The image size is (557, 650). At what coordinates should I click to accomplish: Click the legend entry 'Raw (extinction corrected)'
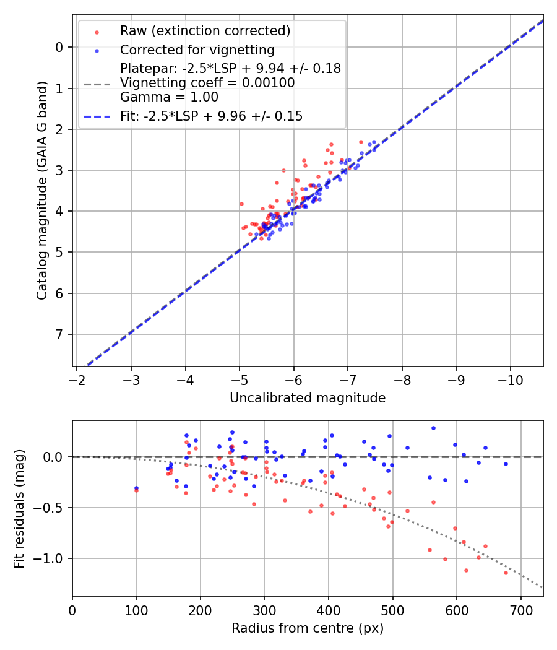(205, 31)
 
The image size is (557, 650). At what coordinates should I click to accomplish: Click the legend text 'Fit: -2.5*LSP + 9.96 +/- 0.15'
(211, 116)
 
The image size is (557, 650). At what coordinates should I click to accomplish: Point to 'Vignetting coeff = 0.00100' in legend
(207, 82)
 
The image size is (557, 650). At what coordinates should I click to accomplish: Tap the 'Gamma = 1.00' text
(169, 97)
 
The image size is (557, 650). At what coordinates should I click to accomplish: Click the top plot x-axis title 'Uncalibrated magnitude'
(308, 398)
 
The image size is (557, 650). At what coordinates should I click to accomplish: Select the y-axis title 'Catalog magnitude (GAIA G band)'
(42, 211)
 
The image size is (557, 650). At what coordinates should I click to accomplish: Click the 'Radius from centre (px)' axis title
(308, 628)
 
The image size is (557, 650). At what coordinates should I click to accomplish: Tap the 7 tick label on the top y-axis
(59, 334)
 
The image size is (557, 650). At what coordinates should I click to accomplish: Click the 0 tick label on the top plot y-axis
(59, 47)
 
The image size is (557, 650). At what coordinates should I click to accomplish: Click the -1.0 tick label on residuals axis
(53, 558)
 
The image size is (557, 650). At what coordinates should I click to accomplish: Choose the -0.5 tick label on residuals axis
(53, 508)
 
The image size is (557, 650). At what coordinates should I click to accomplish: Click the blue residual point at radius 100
(136, 488)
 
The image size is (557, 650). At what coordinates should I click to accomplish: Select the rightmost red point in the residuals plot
(506, 573)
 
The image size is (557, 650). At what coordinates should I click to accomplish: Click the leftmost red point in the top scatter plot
(241, 204)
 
